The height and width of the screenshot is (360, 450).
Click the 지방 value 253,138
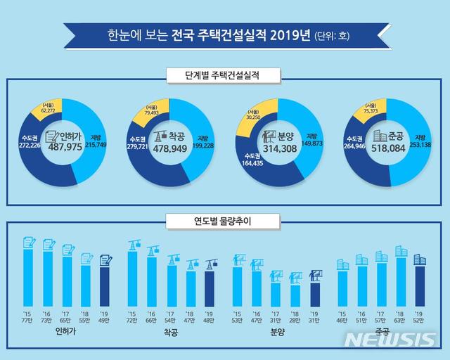coord(420,144)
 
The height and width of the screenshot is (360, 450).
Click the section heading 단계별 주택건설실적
coord(224,73)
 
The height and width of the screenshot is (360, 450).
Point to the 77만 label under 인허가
coord(29,320)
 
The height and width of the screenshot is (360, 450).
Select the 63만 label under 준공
coord(401,320)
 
